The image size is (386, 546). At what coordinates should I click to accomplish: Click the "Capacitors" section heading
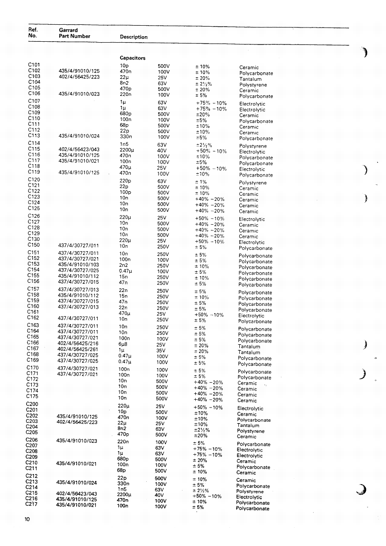pyautogui.click(x=132, y=58)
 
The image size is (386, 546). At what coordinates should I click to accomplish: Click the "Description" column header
pyautogui.click(x=133, y=37)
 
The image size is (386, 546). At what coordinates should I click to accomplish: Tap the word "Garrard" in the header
pyautogui.click(x=68, y=30)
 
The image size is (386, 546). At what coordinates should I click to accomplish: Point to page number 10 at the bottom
pyautogui.click(x=28, y=519)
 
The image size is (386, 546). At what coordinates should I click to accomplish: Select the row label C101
pyautogui.click(x=34, y=65)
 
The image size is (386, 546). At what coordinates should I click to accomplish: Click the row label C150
pyautogui.click(x=34, y=245)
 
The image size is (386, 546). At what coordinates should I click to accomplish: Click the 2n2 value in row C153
pyautogui.click(x=123, y=265)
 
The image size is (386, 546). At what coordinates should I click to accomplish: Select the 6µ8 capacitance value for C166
pyautogui.click(x=123, y=343)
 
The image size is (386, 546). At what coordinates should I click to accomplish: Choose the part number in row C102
pyautogui.click(x=79, y=71)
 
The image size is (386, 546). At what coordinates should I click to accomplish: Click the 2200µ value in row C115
pyautogui.click(x=126, y=150)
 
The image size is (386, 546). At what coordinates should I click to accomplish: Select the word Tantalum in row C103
pyautogui.click(x=250, y=79)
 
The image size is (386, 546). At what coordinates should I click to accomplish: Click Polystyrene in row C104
pyautogui.click(x=253, y=85)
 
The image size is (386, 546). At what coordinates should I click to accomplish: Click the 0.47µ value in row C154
pyautogui.click(x=125, y=271)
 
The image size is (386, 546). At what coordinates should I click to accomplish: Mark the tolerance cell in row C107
pyautogui.click(x=211, y=103)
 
